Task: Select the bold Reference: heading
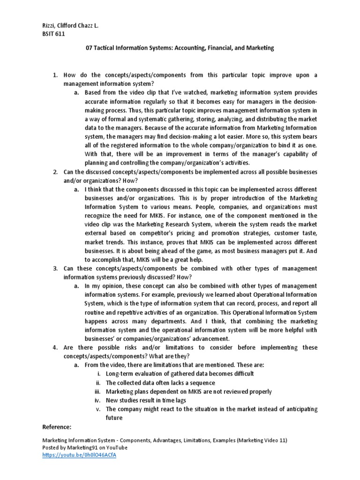[57, 427]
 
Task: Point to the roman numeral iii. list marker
[97, 391]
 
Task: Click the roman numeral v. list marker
[98, 409]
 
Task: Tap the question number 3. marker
[55, 268]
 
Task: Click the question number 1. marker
[55, 75]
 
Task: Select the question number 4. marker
[55, 347]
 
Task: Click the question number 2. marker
[55, 172]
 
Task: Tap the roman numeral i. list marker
[98, 374]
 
